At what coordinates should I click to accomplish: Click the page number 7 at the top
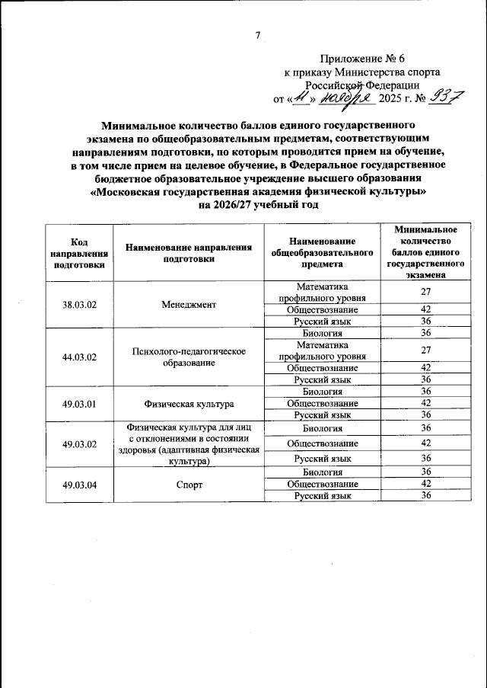point(258,35)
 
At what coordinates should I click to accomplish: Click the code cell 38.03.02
point(78,304)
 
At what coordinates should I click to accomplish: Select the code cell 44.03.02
point(78,356)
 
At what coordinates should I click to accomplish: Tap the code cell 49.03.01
point(78,403)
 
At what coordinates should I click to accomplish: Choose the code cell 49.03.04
point(78,484)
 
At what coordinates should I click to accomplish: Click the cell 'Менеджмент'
point(189,304)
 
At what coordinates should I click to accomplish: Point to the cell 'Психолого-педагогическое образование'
point(189,356)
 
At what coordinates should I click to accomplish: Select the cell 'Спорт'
point(189,484)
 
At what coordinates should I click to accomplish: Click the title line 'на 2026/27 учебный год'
point(258,205)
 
